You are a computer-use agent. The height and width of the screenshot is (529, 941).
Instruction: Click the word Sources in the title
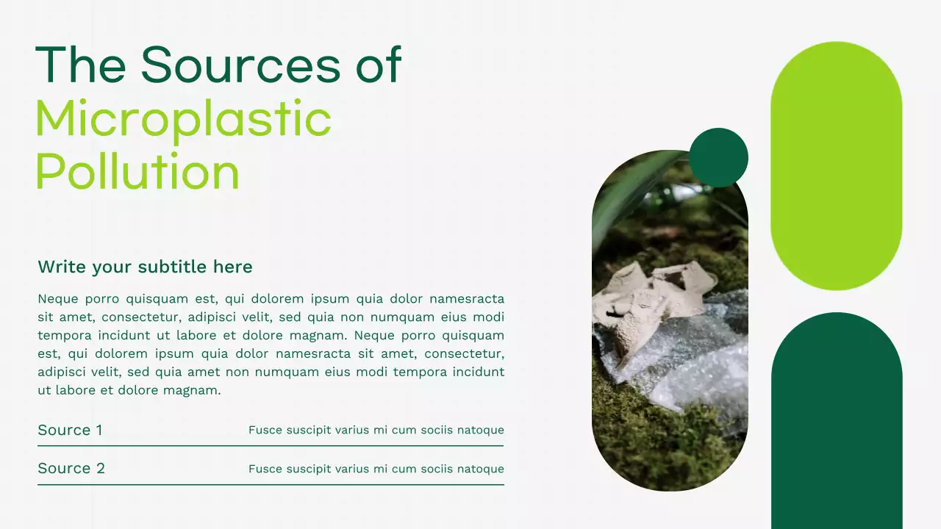click(x=240, y=65)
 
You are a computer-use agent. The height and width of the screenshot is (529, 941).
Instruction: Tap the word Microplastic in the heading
click(x=183, y=119)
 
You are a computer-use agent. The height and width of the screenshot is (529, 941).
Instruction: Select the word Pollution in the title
click(x=137, y=172)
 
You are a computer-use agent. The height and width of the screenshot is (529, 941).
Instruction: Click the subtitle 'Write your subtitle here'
click(x=145, y=267)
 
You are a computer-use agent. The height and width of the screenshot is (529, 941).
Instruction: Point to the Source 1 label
click(x=70, y=430)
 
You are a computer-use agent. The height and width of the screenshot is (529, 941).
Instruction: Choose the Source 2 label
click(x=71, y=468)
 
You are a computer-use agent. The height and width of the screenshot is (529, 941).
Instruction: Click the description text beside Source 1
click(x=376, y=430)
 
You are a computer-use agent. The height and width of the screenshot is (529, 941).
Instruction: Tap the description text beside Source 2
click(x=376, y=469)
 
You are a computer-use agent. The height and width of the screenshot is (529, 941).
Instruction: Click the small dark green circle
click(x=718, y=157)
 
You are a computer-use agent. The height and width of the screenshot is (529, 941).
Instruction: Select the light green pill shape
click(x=836, y=165)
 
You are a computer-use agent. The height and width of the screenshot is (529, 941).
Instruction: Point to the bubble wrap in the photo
click(x=698, y=367)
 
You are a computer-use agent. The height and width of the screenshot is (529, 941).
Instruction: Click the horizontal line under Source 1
click(x=271, y=445)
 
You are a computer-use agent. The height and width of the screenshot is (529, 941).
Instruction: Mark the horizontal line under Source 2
click(x=271, y=484)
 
